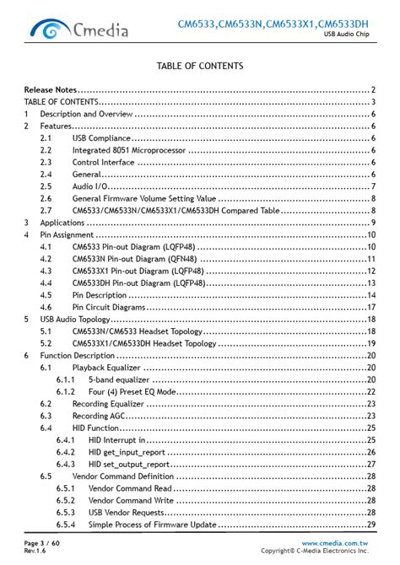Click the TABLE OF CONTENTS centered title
(x=200, y=66)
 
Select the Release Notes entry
(x=51, y=89)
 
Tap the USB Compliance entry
(x=101, y=137)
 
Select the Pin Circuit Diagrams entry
(x=109, y=308)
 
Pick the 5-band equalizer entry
(x=118, y=380)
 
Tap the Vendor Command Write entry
(x=131, y=500)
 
